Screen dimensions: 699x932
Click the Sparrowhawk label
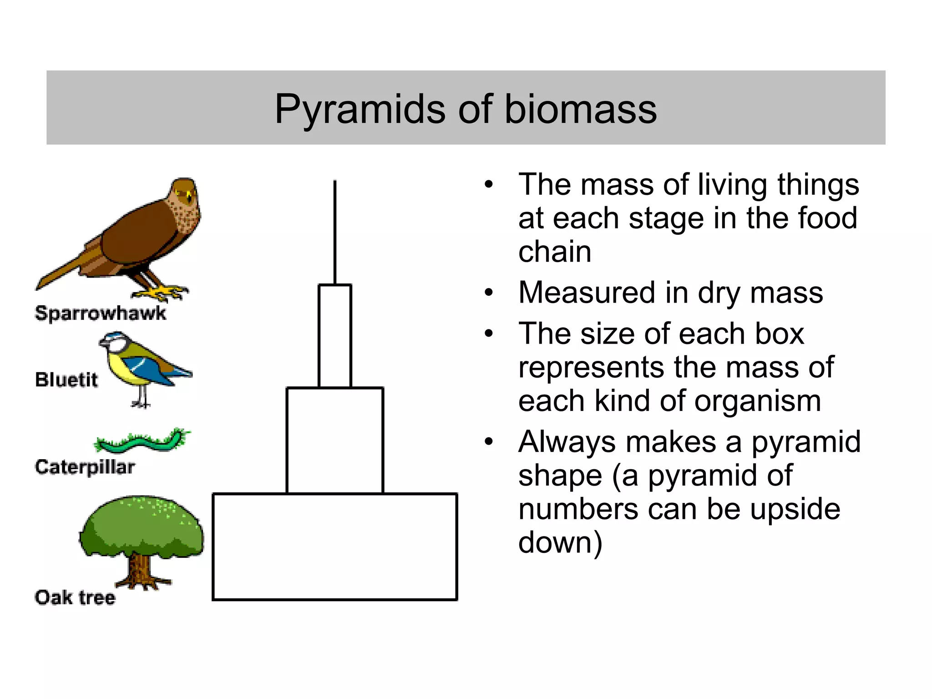[x=101, y=313]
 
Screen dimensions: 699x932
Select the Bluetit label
[x=66, y=380]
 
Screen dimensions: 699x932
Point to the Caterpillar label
[x=85, y=467]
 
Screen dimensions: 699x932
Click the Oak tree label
[x=75, y=598]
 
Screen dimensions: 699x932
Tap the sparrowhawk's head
[x=185, y=193]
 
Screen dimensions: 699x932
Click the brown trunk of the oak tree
[x=140, y=571]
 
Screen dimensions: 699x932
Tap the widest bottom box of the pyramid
[x=334, y=547]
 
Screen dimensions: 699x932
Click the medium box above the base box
[x=334, y=440]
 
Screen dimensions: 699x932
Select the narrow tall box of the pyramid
[x=334, y=336]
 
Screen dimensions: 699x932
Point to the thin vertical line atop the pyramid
[x=335, y=232]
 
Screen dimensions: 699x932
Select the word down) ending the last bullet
[x=560, y=542]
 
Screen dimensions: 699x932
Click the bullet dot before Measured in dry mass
[x=489, y=293]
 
